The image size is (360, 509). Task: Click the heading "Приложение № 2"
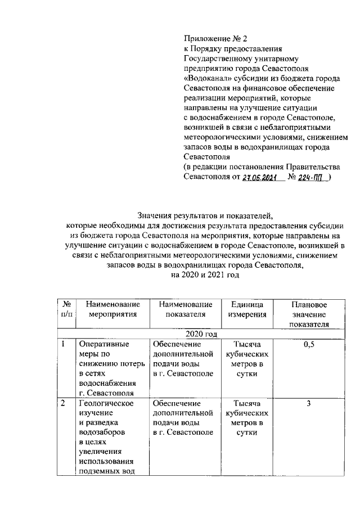pyautogui.click(x=215, y=38)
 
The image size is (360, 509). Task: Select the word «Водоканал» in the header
pyautogui.click(x=206, y=79)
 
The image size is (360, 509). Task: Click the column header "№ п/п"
pyautogui.click(x=66, y=309)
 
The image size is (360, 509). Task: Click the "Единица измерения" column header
pyautogui.click(x=247, y=309)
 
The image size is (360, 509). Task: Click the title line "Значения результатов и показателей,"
pyautogui.click(x=205, y=214)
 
